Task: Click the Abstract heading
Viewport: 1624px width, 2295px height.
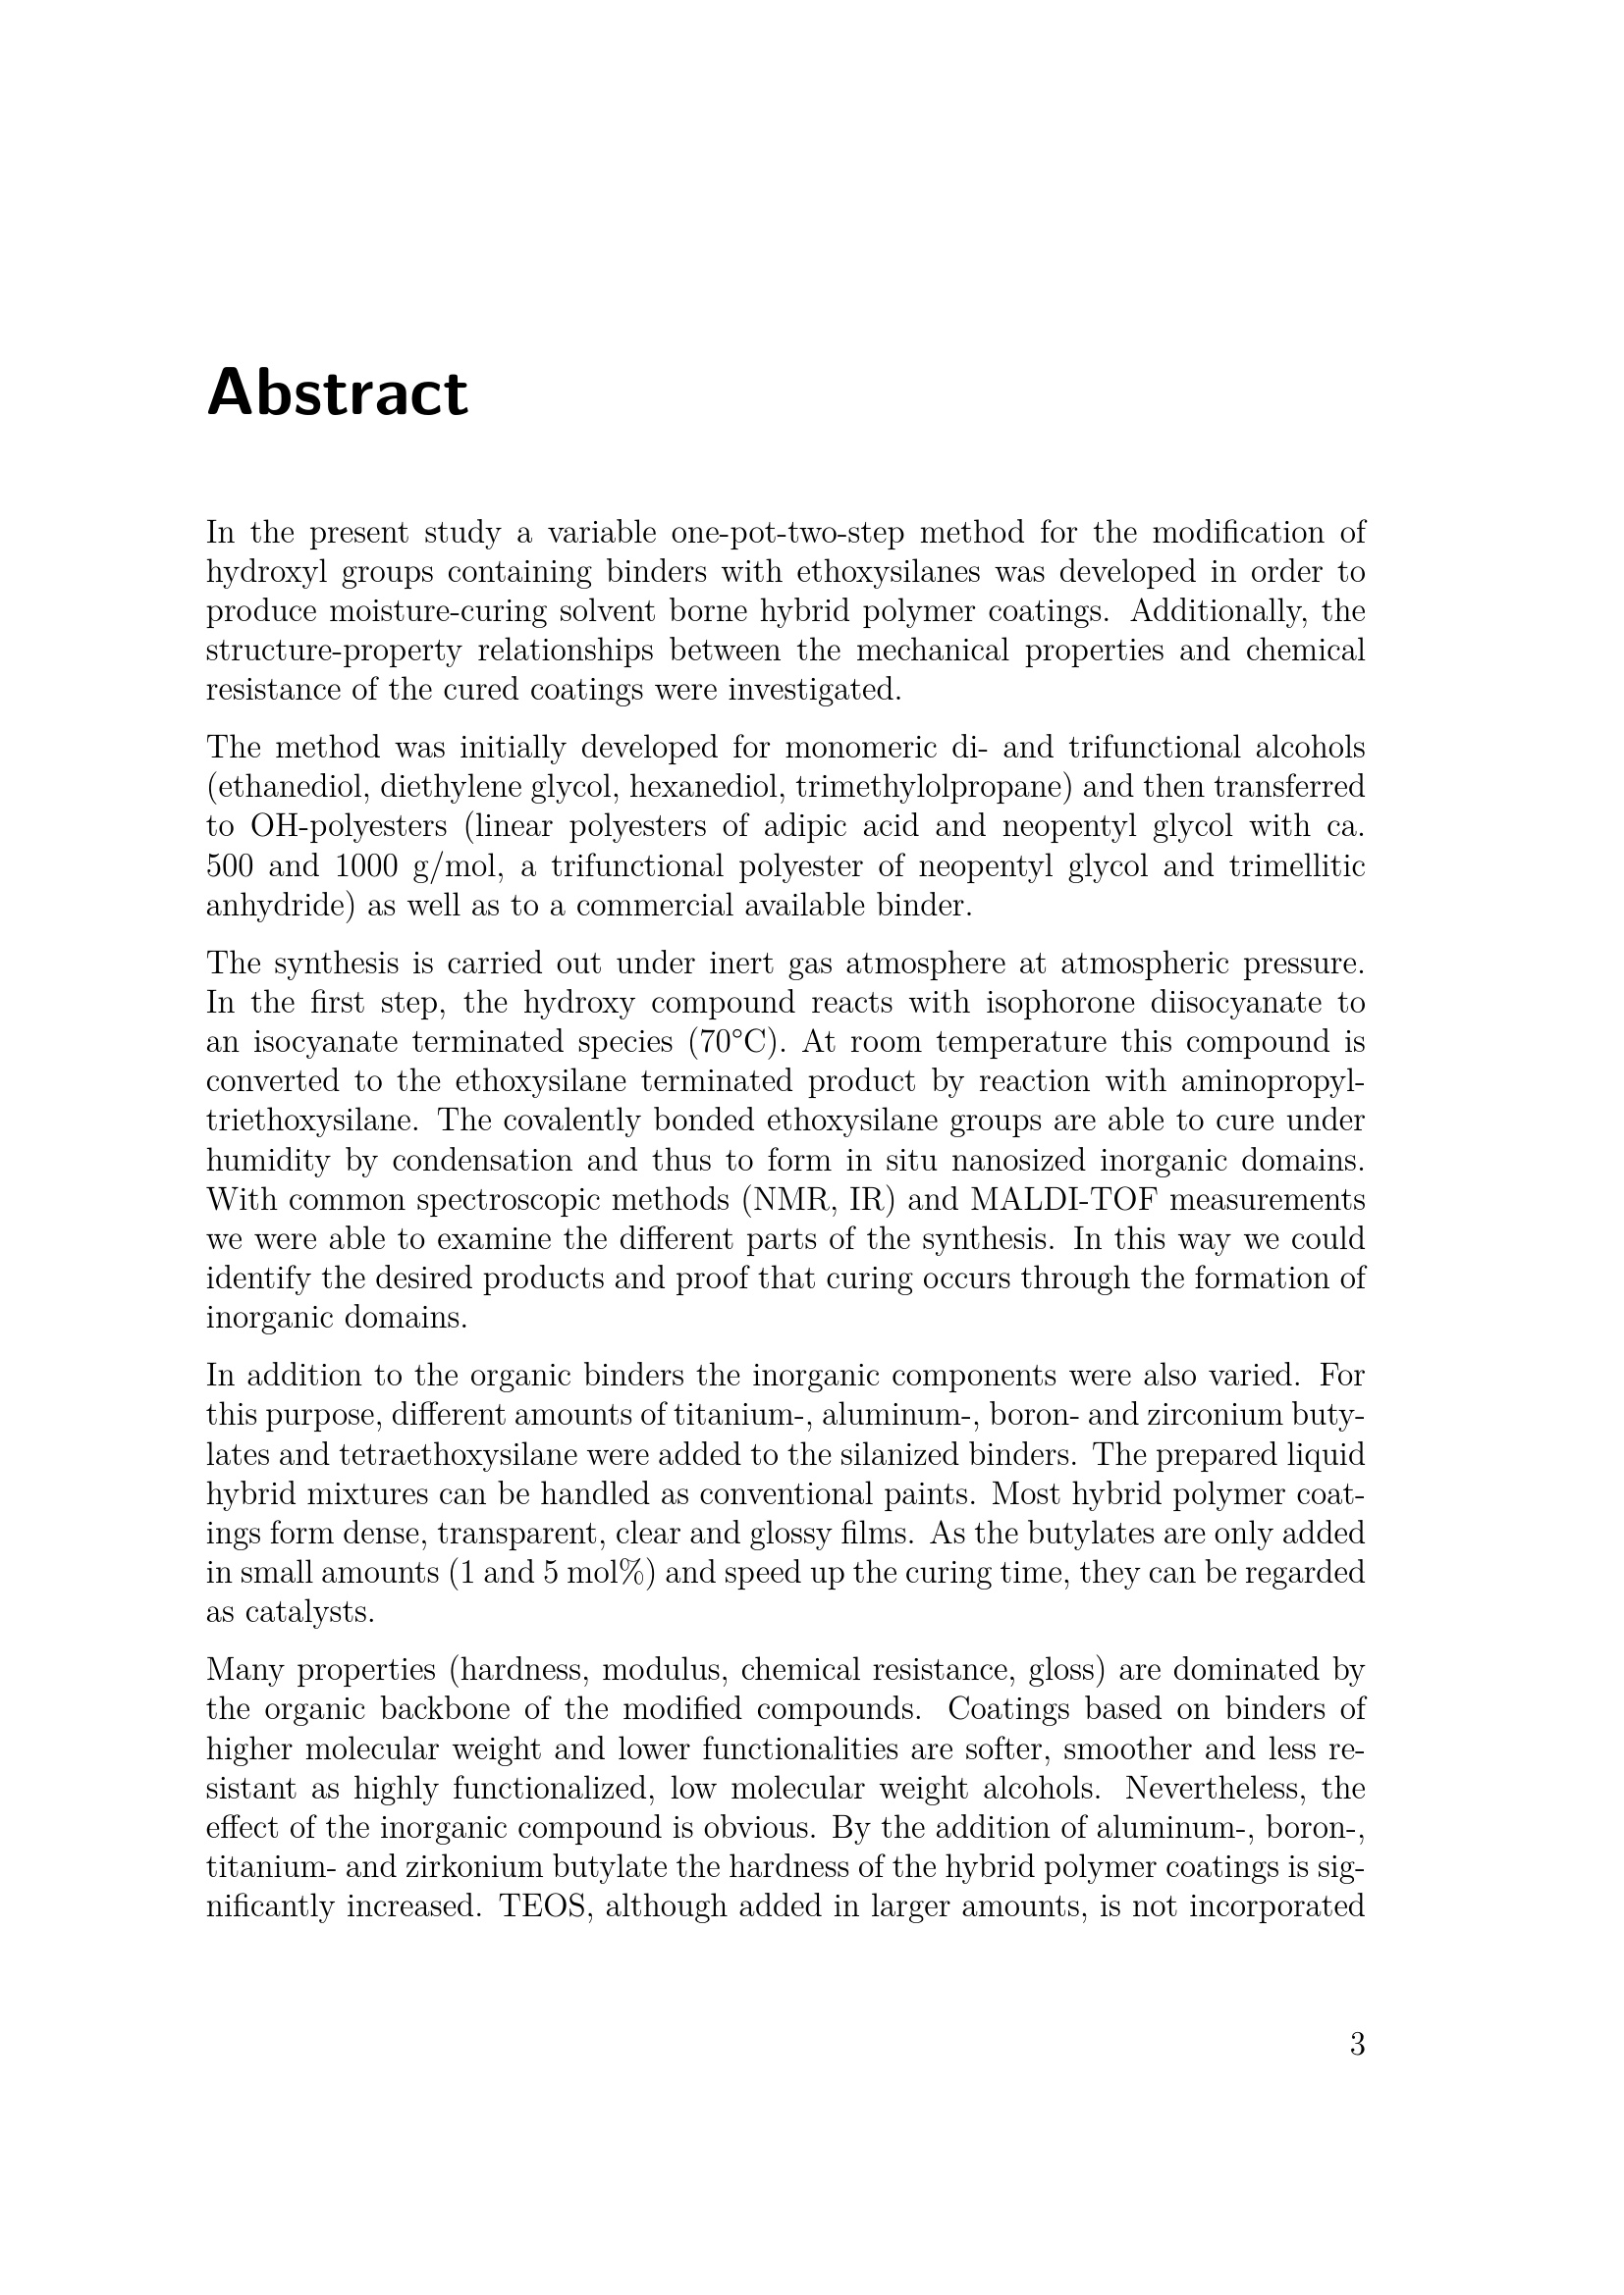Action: point(337,392)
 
